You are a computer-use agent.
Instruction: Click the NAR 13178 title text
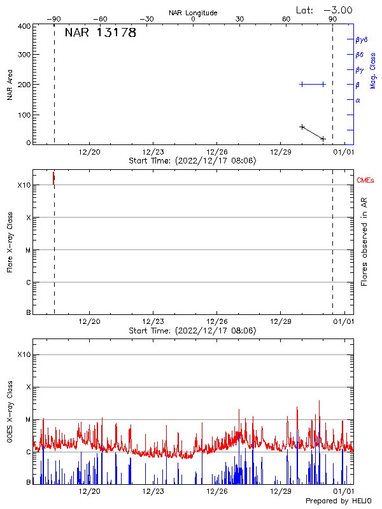pyautogui.click(x=101, y=33)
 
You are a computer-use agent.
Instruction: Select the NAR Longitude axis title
pyautogui.click(x=193, y=13)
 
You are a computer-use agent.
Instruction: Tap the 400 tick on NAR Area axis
pyautogui.click(x=25, y=26)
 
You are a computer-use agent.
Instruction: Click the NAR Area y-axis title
pyautogui.click(x=10, y=85)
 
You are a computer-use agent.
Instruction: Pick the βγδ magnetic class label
pyautogui.click(x=361, y=39)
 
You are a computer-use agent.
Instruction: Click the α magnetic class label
pyautogui.click(x=358, y=100)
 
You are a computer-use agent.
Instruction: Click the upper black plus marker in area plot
pyautogui.click(x=302, y=127)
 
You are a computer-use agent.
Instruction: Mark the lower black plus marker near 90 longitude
pyautogui.click(x=323, y=138)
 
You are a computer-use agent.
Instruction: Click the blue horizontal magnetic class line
pyautogui.click(x=313, y=84)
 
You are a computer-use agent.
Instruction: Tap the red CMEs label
pyautogui.click(x=366, y=181)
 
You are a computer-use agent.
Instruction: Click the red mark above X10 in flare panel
pyautogui.click(x=53, y=178)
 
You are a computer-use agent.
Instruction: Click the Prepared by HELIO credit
pyautogui.click(x=330, y=501)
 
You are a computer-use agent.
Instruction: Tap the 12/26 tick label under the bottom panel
pyautogui.click(x=217, y=491)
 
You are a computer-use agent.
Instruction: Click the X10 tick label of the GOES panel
pyautogui.click(x=24, y=354)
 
